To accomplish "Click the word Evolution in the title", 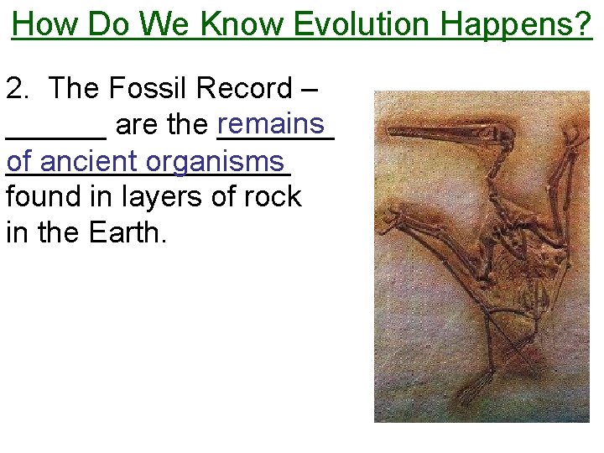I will (364, 24).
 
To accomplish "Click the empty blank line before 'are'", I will (55, 134).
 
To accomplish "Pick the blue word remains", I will (275, 124).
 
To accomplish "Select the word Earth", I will (131, 232).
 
